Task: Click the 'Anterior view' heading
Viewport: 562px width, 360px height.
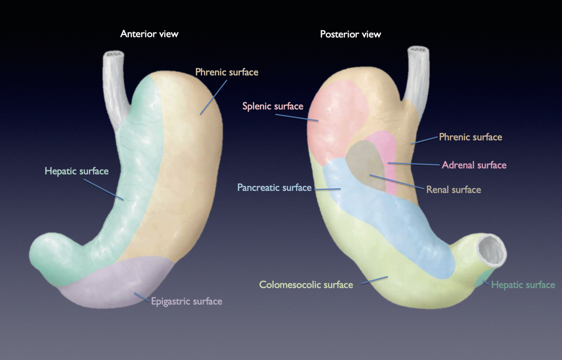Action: click(x=149, y=34)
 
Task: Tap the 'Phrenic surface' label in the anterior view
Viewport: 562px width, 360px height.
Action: click(x=227, y=72)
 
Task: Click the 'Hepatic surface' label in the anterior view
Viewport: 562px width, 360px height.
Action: click(x=77, y=171)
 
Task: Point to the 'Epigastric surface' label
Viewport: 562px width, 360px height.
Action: click(x=186, y=301)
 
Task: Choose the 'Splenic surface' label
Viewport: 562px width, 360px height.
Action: click(x=273, y=106)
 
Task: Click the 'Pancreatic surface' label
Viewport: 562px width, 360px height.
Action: click(x=274, y=187)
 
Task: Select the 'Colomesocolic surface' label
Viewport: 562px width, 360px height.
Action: click(x=306, y=285)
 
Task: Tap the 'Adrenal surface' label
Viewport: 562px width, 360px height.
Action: click(x=474, y=165)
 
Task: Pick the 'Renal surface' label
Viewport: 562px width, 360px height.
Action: click(x=453, y=189)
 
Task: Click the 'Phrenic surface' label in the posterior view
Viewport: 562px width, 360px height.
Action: click(x=470, y=137)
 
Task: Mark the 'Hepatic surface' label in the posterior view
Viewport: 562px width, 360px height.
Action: click(x=523, y=285)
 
